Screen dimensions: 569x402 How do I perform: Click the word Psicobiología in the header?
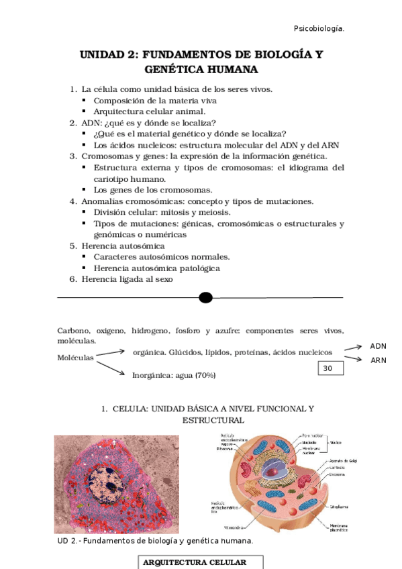(x=319, y=28)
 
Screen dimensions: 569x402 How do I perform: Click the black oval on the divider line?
(x=206, y=297)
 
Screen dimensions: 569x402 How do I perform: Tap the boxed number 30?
(x=328, y=368)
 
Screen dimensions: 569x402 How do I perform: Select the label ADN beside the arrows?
(x=379, y=346)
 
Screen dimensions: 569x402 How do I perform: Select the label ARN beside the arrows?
(x=379, y=360)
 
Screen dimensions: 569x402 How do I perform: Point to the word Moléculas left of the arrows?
(x=75, y=358)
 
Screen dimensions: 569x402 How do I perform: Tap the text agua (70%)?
(x=195, y=375)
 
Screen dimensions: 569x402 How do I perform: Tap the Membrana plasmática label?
(x=339, y=529)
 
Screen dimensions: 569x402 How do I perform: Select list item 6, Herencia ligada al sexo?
(x=128, y=279)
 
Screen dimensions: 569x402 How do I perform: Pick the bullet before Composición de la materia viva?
(x=85, y=101)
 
